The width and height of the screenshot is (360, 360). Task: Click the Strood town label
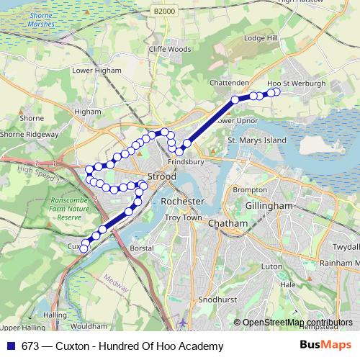click(x=161, y=176)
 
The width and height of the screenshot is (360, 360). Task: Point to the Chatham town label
click(x=227, y=224)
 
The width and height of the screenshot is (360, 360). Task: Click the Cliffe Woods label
click(x=170, y=50)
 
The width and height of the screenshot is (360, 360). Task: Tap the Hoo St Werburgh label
click(x=296, y=84)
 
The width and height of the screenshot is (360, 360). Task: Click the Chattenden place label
click(x=228, y=84)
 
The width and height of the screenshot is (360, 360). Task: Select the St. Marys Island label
click(x=257, y=140)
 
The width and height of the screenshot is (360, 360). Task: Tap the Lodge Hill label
click(x=261, y=37)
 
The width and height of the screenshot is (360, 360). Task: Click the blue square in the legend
click(x=11, y=346)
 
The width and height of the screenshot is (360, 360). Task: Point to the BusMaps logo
click(x=325, y=346)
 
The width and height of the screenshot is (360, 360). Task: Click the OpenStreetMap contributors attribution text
click(x=297, y=323)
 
